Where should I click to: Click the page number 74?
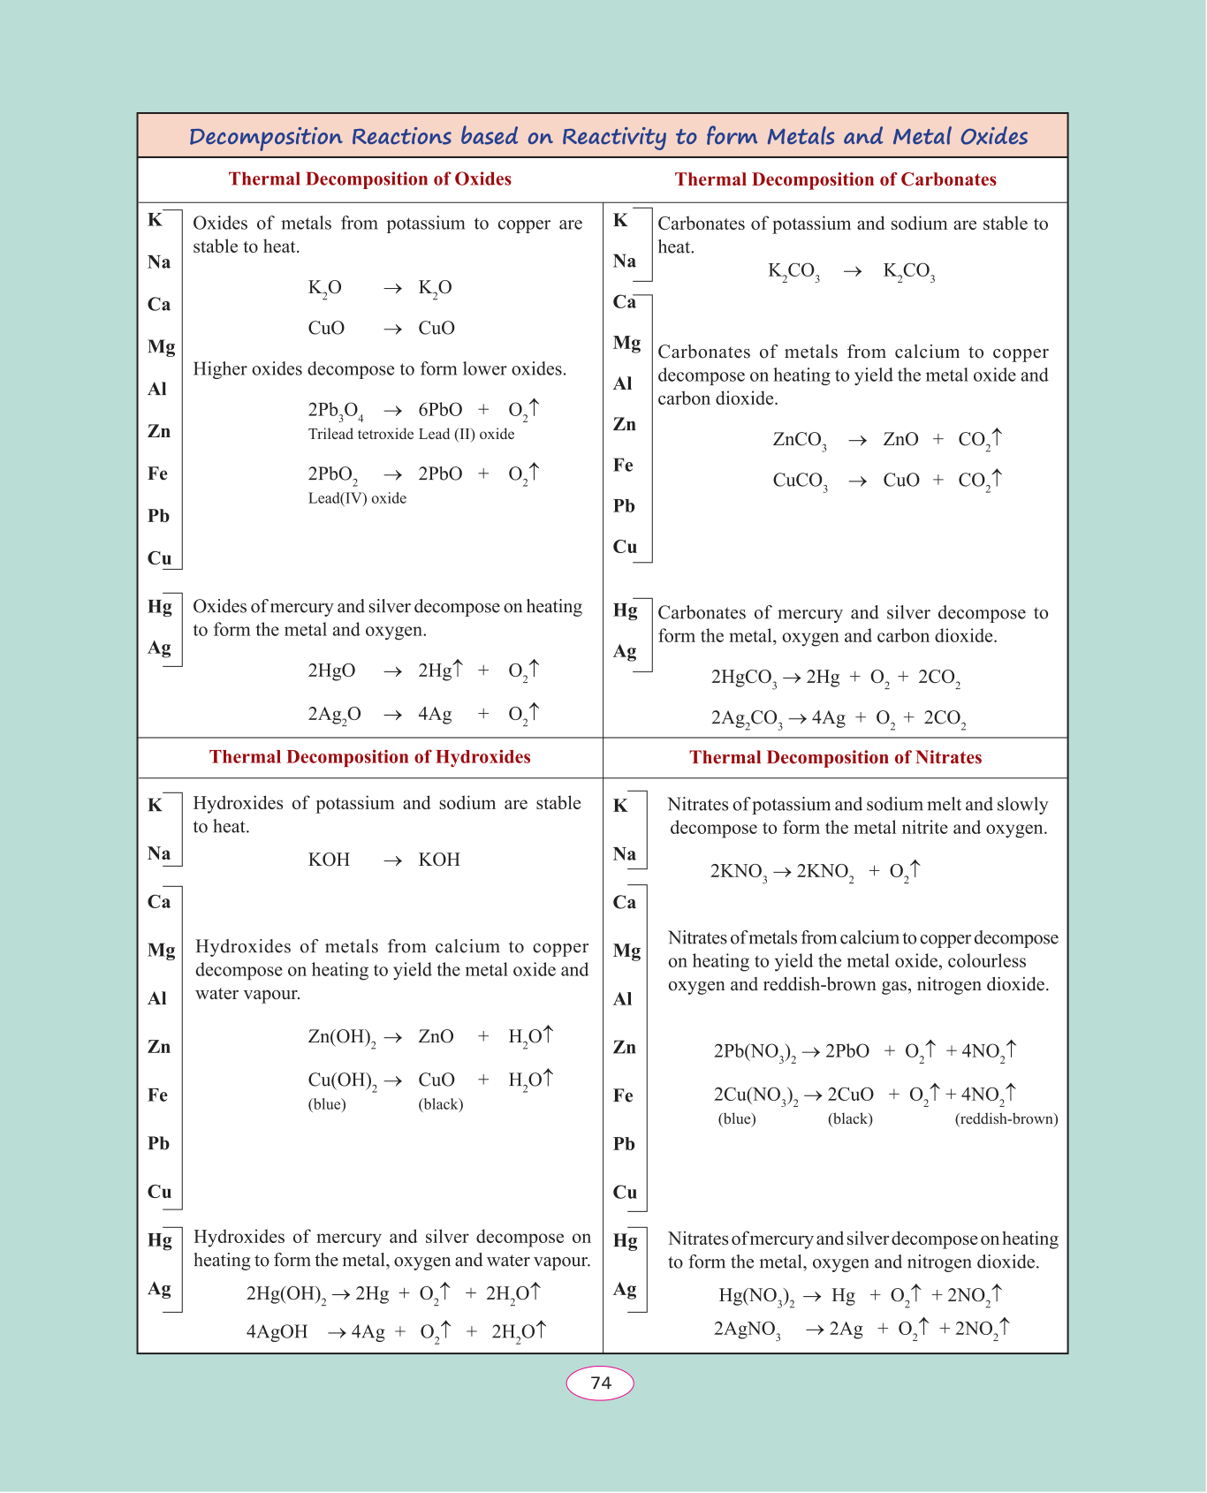[601, 1383]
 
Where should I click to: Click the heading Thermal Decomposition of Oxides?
[369, 179]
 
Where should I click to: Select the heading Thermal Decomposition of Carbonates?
[835, 180]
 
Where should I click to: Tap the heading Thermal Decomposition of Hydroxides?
[369, 757]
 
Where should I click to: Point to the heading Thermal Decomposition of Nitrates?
[835, 758]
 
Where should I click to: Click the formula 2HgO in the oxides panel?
[331, 671]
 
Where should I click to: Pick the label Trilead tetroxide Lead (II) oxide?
[411, 435]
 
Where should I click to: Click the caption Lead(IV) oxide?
[357, 498]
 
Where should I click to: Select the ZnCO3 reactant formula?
[799, 440]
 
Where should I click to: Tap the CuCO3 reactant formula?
[800, 481]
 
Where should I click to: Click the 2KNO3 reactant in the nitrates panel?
[738, 872]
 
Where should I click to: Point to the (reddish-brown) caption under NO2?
[1006, 1119]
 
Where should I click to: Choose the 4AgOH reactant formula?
[277, 1332]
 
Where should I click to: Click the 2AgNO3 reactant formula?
[747, 1330]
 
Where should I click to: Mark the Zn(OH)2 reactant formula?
[341, 1037]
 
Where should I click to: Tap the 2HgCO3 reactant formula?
[743, 678]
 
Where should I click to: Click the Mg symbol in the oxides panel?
[161, 347]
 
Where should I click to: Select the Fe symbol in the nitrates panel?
[623, 1096]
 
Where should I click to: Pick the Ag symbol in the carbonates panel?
[625, 652]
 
